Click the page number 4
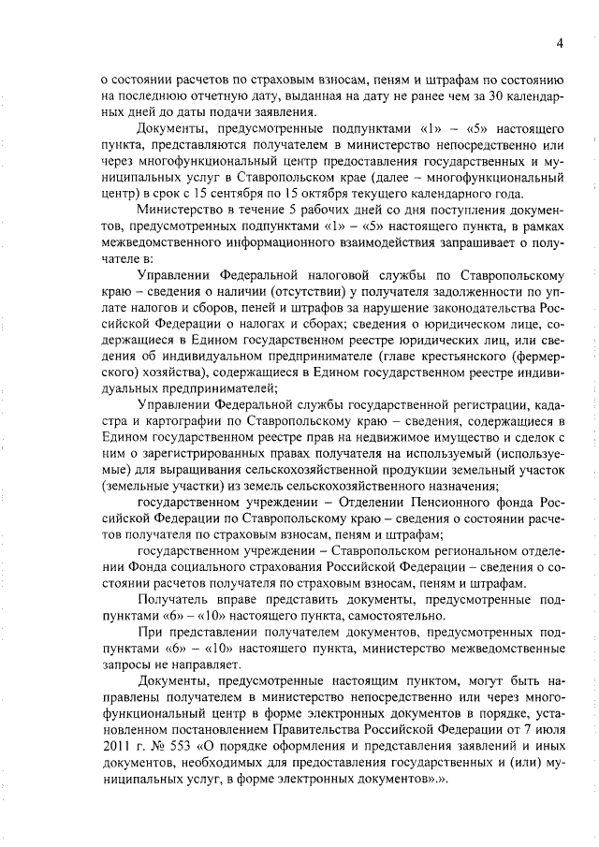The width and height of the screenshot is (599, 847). (x=558, y=43)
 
